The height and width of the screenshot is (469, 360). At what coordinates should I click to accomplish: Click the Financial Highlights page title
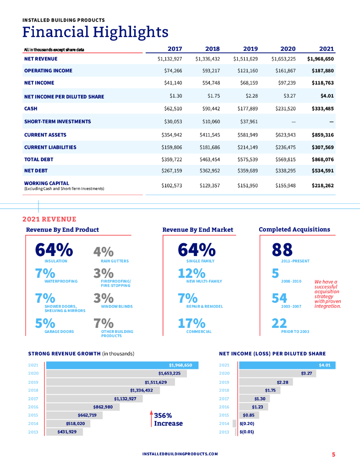click(x=95, y=33)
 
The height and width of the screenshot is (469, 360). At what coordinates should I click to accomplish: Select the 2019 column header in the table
click(x=250, y=49)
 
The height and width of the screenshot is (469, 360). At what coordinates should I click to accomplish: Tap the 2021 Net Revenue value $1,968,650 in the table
click(x=321, y=59)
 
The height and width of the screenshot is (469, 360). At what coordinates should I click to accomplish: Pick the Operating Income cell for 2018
click(x=210, y=71)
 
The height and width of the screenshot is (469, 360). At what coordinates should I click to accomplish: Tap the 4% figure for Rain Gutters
click(x=103, y=252)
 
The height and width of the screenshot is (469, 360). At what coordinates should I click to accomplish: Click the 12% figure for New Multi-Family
click(x=191, y=273)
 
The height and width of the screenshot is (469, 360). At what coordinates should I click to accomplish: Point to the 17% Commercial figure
click(x=191, y=323)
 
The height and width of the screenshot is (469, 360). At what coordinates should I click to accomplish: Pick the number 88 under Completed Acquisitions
click(x=282, y=250)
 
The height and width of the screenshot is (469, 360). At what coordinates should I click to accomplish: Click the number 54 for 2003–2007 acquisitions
click(x=279, y=299)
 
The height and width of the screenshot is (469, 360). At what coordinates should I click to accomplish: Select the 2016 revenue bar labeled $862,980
click(x=83, y=407)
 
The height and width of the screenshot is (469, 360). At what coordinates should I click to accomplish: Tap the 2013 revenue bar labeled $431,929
click(x=65, y=432)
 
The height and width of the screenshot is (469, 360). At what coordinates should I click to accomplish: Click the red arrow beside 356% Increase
click(x=152, y=419)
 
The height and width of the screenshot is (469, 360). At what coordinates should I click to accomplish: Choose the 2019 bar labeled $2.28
click(x=266, y=382)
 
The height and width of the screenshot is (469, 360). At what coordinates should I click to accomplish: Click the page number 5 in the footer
click(x=333, y=454)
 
